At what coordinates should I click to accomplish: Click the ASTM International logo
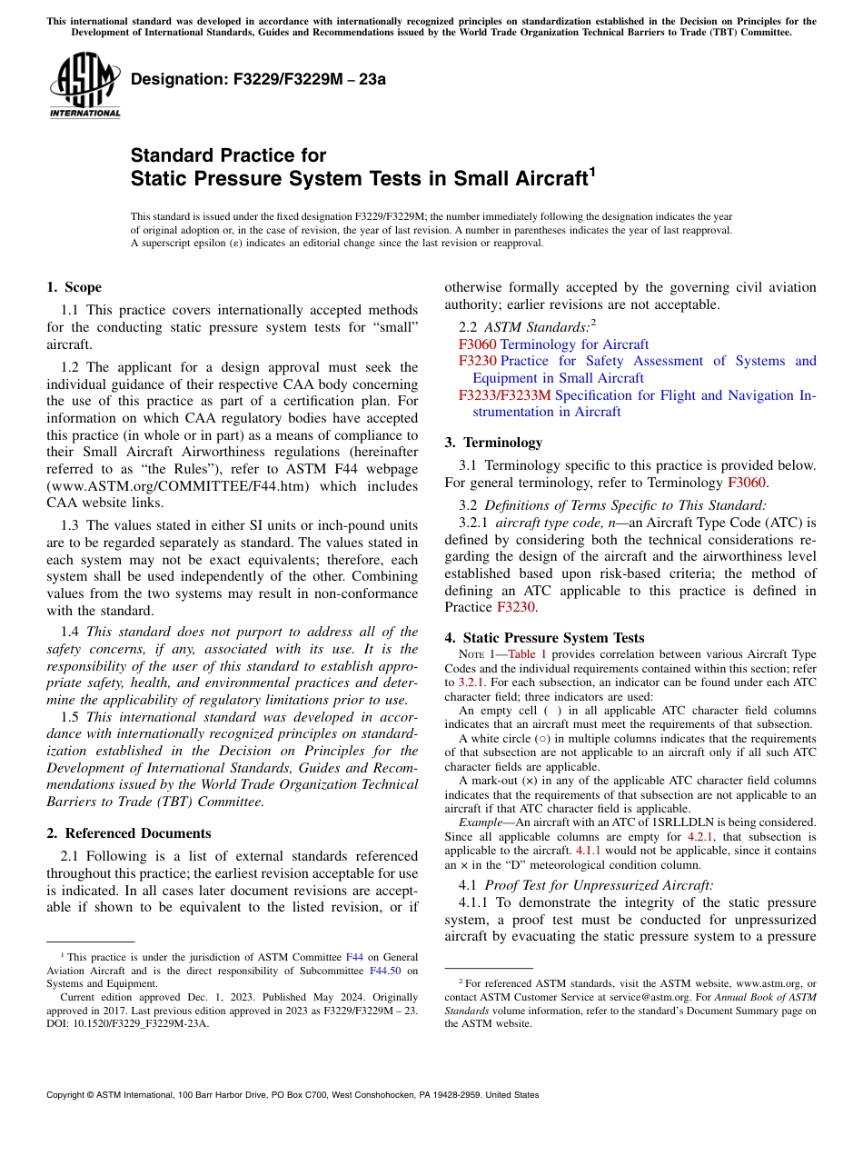click(x=84, y=85)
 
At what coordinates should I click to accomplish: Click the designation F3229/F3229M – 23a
click(x=258, y=79)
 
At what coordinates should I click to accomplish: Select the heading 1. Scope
click(x=74, y=287)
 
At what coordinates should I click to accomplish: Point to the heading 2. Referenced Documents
click(x=129, y=833)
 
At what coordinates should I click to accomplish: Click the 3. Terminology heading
click(x=493, y=443)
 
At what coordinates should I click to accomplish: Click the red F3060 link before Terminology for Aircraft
click(x=477, y=344)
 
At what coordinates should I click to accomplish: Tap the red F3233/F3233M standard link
click(x=504, y=395)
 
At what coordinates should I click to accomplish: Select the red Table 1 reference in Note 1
click(x=527, y=654)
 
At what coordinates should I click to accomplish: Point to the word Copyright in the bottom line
click(x=69, y=1095)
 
